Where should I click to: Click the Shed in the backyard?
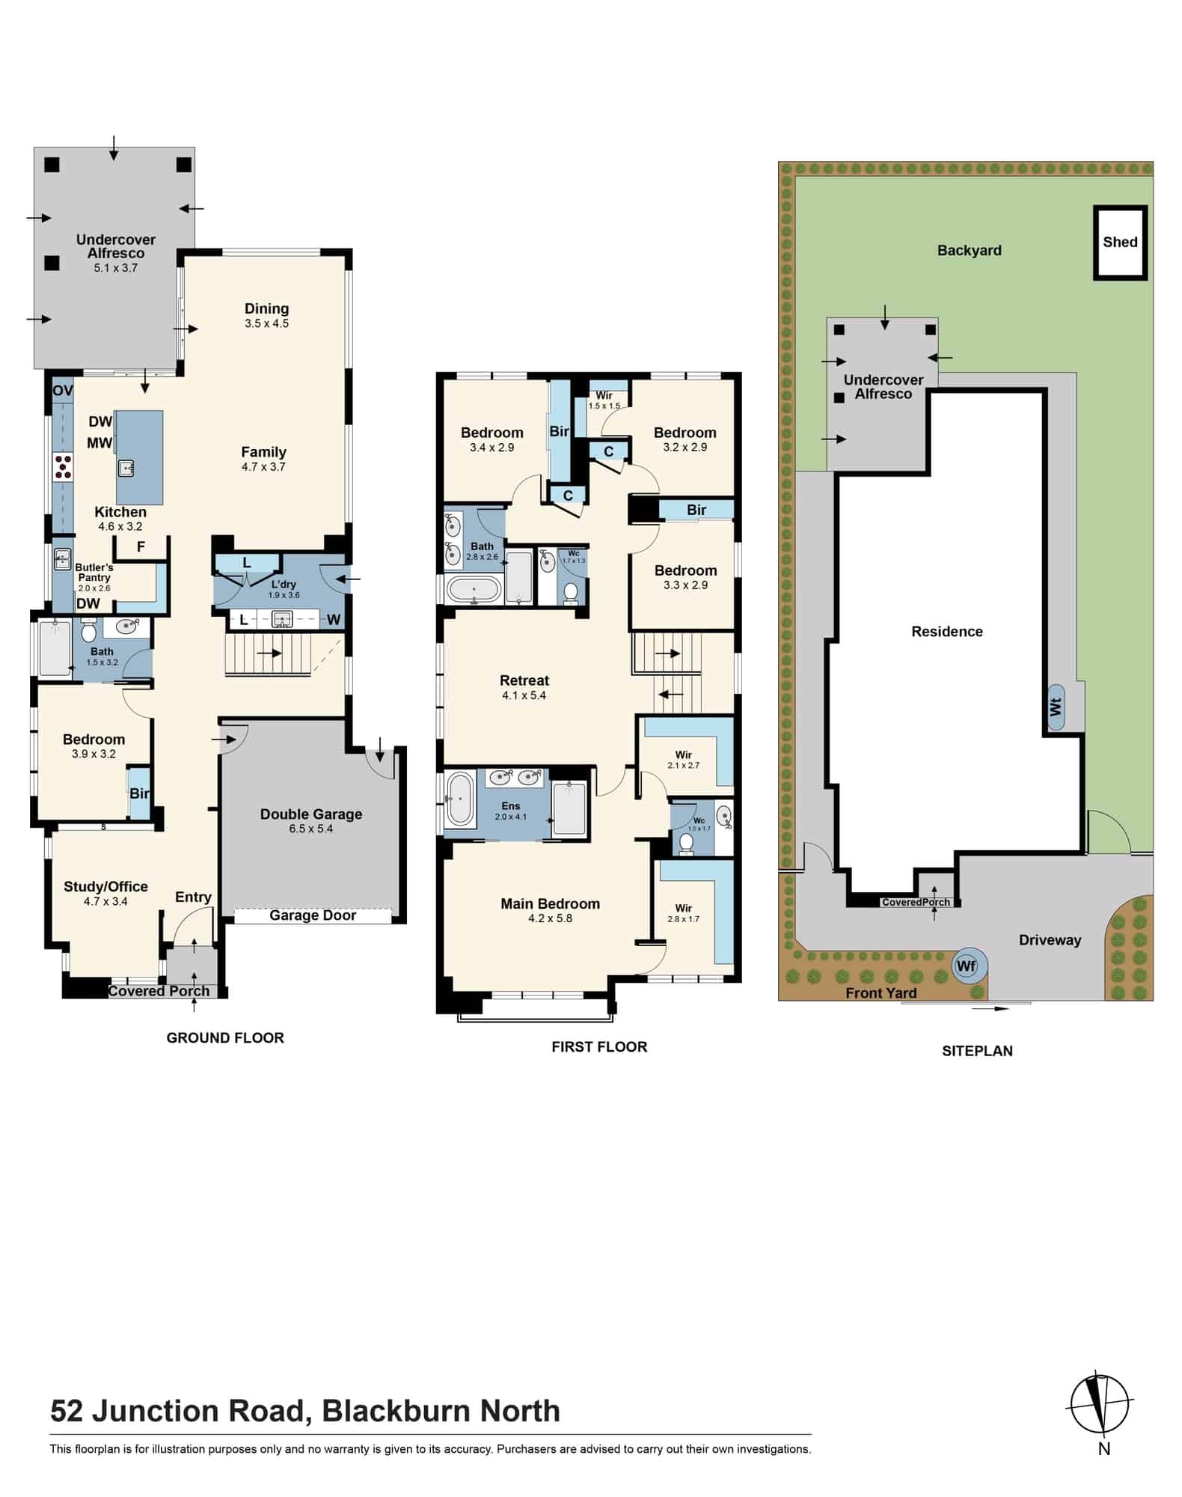pos(1120,243)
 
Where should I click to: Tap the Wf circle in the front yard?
pos(967,966)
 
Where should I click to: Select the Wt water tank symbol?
pos(1056,707)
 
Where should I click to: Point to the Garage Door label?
pos(313,915)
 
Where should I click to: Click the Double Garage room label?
pos(311,814)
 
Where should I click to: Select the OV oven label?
pos(63,390)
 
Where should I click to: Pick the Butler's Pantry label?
pos(94,573)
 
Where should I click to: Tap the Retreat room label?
pos(524,680)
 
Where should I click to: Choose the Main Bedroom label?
pos(550,904)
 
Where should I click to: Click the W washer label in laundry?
pos(334,620)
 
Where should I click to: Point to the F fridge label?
pos(141,547)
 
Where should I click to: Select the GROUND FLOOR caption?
pos(225,1038)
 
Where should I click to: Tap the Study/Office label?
pos(105,887)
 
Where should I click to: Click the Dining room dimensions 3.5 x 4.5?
pos(266,324)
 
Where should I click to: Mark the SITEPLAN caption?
pos(977,1051)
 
